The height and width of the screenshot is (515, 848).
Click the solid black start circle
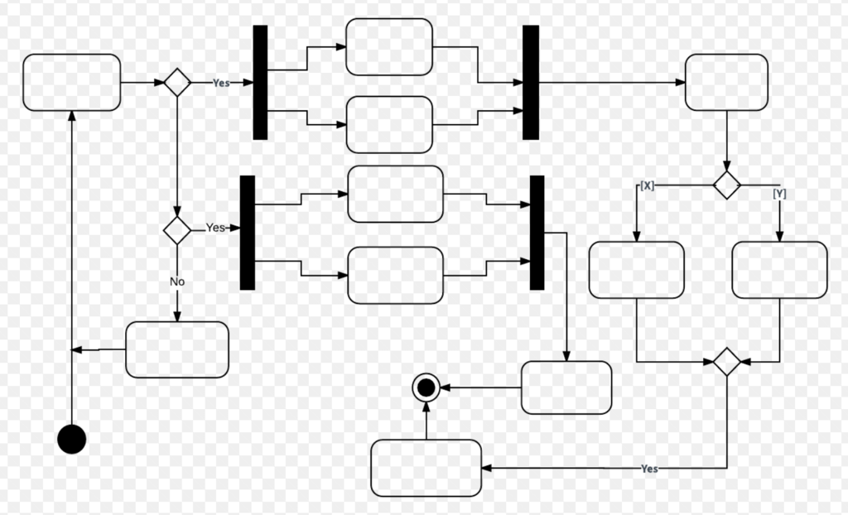point(72,439)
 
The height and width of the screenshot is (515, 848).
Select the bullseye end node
point(426,387)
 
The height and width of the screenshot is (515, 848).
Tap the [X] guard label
point(648,185)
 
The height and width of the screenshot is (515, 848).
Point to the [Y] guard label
point(779,193)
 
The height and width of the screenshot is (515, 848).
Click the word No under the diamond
point(177,282)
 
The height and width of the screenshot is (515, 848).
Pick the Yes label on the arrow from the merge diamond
point(649,469)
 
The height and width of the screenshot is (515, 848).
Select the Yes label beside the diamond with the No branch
point(215,228)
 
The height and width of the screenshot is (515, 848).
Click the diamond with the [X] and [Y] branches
point(727,185)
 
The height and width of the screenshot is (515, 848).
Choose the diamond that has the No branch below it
point(177,230)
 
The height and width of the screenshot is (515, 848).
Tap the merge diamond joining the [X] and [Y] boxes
point(727,362)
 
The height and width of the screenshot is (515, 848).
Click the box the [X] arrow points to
point(637,270)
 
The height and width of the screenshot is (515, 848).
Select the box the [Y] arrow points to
point(780,270)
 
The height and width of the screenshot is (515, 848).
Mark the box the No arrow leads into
point(177,349)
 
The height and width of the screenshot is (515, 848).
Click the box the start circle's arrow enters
point(72,82)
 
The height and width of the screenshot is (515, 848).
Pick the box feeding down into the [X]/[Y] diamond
point(727,82)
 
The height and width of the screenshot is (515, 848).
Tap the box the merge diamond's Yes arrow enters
point(426,468)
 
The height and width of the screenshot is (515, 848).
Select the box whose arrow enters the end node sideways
point(566,387)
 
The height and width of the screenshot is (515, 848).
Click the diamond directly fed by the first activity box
point(177,82)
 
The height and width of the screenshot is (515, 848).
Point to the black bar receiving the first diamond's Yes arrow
point(260,82)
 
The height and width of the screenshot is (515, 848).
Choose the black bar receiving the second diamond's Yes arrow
point(247,233)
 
